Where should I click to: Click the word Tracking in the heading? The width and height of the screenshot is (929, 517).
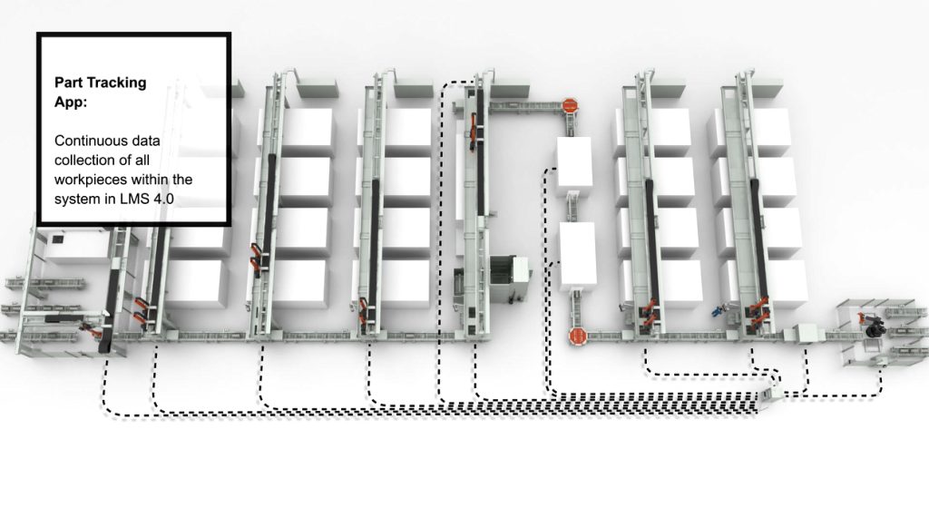point(116,83)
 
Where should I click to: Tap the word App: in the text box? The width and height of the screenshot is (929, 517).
point(71,102)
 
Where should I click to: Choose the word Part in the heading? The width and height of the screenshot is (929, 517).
point(68,83)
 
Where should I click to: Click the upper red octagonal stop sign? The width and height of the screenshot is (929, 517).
point(570,105)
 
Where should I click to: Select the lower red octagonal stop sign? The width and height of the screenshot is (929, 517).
point(578,337)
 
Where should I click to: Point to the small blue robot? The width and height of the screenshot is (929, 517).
point(719,309)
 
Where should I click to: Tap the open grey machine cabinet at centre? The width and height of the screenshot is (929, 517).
point(510,277)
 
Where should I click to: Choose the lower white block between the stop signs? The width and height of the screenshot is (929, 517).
point(578,256)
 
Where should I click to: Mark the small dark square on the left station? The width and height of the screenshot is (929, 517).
point(58,239)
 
